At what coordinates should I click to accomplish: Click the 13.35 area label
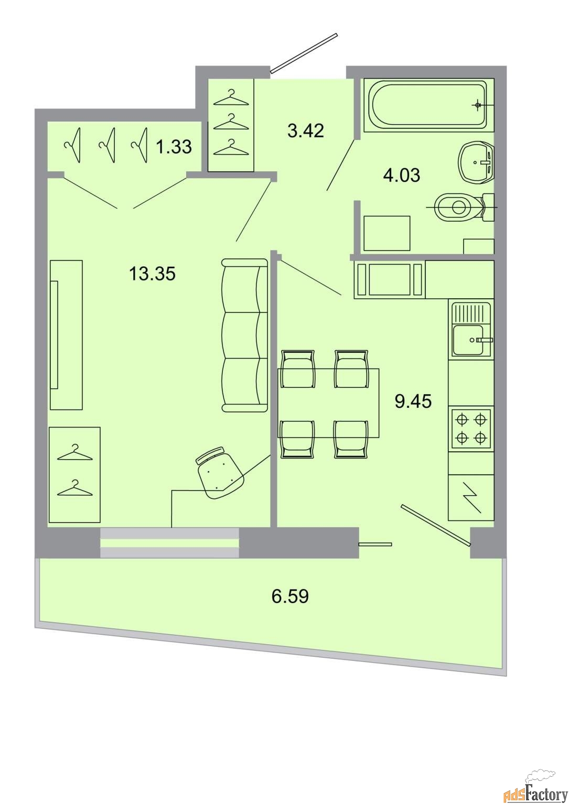(x=152, y=274)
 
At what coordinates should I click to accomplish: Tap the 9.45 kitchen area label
(x=413, y=401)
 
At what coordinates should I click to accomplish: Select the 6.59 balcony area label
(x=290, y=596)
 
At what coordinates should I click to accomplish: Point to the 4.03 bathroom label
(x=402, y=176)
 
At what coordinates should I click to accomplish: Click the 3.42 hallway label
(x=306, y=130)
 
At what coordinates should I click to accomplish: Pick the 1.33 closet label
(x=174, y=147)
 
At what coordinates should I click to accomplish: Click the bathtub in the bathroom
(x=427, y=105)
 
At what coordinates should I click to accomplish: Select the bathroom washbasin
(x=476, y=162)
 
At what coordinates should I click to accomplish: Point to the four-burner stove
(x=471, y=428)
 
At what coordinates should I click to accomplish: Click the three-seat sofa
(x=244, y=335)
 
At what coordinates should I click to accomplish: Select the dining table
(x=328, y=402)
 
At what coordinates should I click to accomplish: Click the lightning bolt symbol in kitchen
(x=471, y=497)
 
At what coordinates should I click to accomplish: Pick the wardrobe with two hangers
(x=74, y=474)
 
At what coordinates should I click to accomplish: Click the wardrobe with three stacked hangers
(x=231, y=125)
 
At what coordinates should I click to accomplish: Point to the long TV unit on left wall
(x=66, y=334)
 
